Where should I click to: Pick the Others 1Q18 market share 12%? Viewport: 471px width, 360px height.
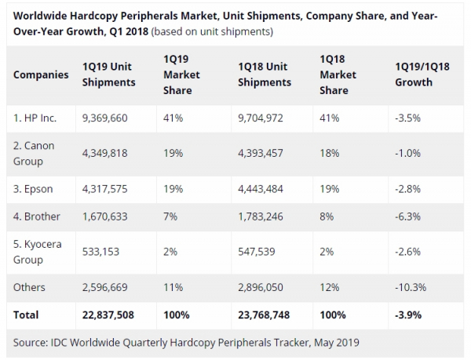[x=328, y=288]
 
